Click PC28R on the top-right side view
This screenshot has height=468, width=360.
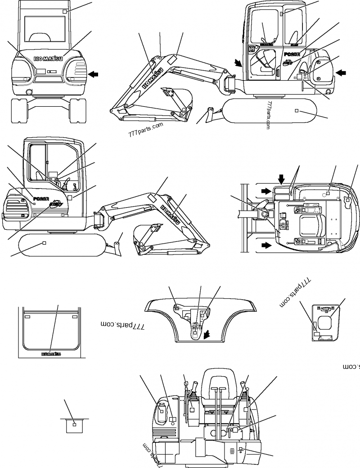pyautogui.click(x=293, y=55)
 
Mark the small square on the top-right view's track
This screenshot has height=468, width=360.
pyautogui.click(x=296, y=110)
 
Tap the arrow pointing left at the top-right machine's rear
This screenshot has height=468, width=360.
pyautogui.click(x=342, y=72)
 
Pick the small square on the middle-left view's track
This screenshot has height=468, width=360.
pyautogui.click(x=44, y=243)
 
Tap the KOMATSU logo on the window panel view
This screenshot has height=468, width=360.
pyautogui.click(x=51, y=354)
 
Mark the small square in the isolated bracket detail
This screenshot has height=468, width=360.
pyautogui.click(x=75, y=424)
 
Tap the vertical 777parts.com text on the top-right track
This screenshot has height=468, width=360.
pyautogui.click(x=269, y=115)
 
